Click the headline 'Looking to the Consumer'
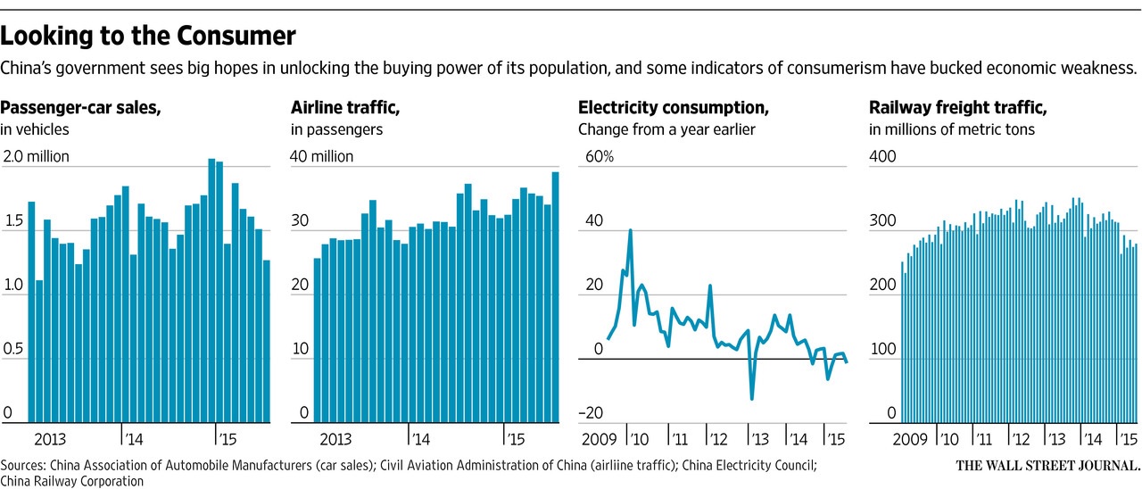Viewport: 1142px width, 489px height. (x=148, y=37)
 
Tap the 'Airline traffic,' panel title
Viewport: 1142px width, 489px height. (x=345, y=108)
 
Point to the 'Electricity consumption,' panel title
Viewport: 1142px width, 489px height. (x=673, y=108)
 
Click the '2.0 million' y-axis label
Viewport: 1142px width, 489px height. (x=36, y=157)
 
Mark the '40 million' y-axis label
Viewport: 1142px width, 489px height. (x=322, y=157)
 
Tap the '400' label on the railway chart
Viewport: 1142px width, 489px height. (x=882, y=157)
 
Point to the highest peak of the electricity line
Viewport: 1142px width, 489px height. (x=631, y=230)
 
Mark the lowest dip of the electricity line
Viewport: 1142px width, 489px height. (x=752, y=398)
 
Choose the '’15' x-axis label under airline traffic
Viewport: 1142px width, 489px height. (x=515, y=439)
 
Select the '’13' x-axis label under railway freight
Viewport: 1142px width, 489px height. (x=1056, y=439)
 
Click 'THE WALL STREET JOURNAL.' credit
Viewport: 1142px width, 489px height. (x=1047, y=466)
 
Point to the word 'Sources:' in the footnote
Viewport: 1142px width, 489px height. (x=24, y=466)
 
